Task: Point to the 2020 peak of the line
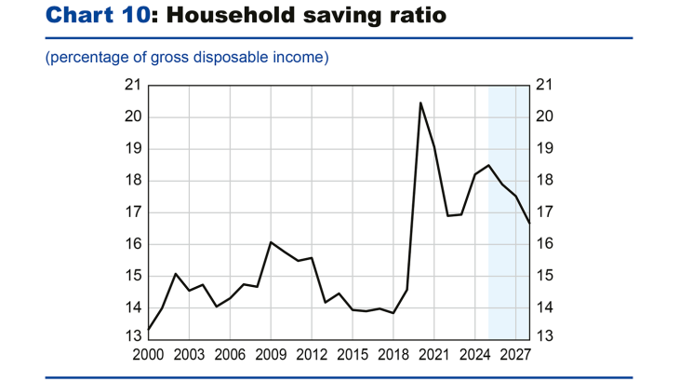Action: pyautogui.click(x=421, y=102)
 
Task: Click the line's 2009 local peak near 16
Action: pyautogui.click(x=271, y=242)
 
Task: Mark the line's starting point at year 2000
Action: pyautogui.click(x=148, y=329)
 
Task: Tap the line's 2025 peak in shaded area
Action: pyautogui.click(x=489, y=165)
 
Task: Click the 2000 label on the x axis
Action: pyautogui.click(x=148, y=355)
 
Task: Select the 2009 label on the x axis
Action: pyautogui.click(x=271, y=355)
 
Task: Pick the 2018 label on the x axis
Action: pyautogui.click(x=393, y=355)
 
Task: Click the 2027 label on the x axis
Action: pyautogui.click(x=516, y=355)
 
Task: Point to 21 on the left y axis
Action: pyautogui.click(x=132, y=86)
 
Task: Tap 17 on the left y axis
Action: pyautogui.click(x=132, y=212)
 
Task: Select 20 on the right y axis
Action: pyautogui.click(x=546, y=117)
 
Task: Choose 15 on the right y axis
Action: pyautogui.click(x=546, y=276)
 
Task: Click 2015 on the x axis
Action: pyautogui.click(x=353, y=355)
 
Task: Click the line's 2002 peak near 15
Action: pyautogui.click(x=175, y=274)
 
